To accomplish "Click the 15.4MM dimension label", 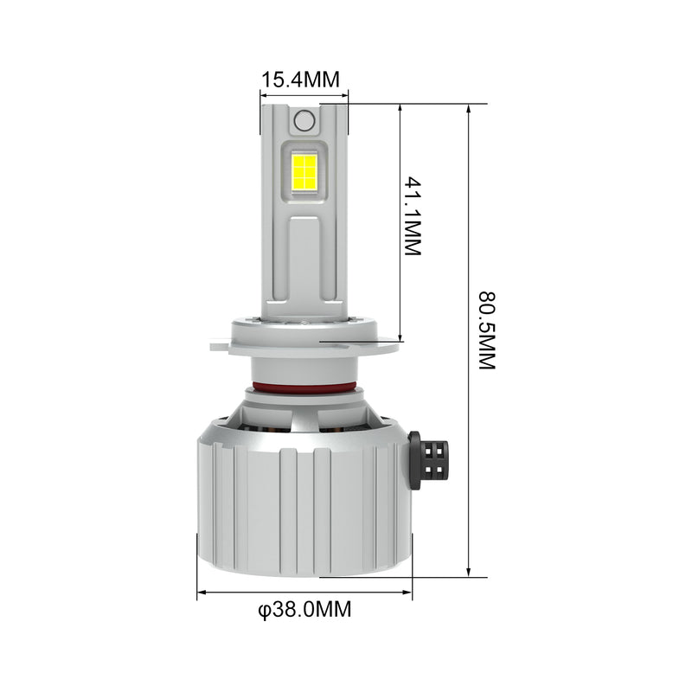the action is pos(301,80).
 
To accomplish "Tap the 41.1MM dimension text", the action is pos(413,216).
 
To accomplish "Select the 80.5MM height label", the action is pos(488,330).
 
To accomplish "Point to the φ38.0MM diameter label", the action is pos(305,610).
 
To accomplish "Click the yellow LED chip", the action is pos(304,170).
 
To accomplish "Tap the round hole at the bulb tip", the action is pos(304,120).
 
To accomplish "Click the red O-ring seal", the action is pos(304,388).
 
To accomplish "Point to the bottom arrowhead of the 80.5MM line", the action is pos(469,572).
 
